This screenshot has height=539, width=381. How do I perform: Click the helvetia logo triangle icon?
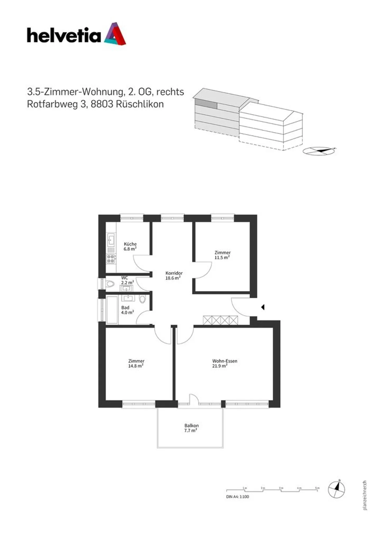115,34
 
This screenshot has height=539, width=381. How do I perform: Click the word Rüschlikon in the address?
140,104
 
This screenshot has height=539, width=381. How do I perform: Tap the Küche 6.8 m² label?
130,246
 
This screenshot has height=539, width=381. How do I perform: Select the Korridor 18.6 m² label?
174,275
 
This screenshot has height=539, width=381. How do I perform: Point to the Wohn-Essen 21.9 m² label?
224,363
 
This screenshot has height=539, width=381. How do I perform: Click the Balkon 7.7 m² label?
191,428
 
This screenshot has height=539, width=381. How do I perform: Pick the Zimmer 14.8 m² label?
136,363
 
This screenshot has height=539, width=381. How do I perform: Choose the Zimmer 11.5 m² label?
222,255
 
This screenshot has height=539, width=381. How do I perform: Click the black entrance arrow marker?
263,307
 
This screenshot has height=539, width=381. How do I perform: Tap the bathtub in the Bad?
112,310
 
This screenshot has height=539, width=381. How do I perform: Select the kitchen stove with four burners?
111,259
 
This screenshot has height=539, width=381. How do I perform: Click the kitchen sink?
111,240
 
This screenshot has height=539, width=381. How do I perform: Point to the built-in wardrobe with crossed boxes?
220,320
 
